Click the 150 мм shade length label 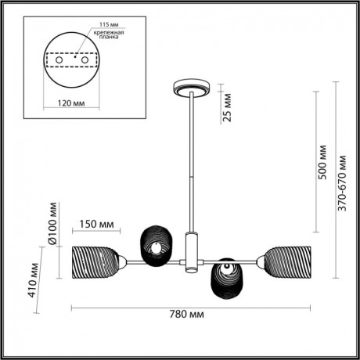94,225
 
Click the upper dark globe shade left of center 155,243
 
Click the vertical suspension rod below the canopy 189,157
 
